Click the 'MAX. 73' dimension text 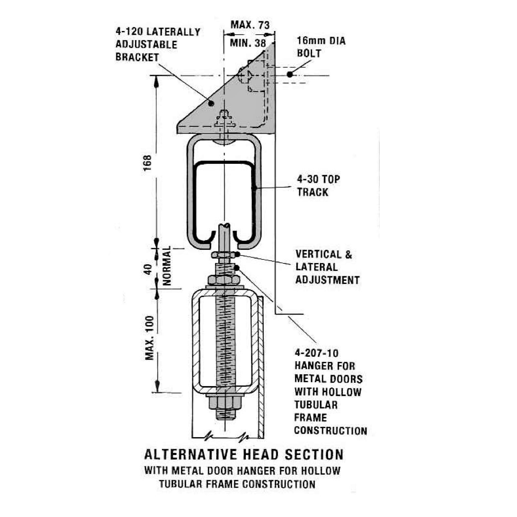pos(250,25)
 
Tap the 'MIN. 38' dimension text pos(248,43)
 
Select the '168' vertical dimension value pos(147,163)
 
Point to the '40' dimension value pos(148,269)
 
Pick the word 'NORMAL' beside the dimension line pos(166,266)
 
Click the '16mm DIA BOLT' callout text pos(321,47)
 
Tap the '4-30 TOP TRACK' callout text pos(318,186)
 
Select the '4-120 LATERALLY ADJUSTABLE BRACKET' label pos(158,45)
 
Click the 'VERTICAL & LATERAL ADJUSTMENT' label pos(327,267)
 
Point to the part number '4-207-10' pos(316,353)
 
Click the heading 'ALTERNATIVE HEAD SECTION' pos(244,454)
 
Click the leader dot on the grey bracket pos(211,103)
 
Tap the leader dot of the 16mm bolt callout pos(290,74)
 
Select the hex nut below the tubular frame pos(225,402)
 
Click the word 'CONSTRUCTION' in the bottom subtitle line pos(279,484)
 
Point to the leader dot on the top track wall pos(254,187)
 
